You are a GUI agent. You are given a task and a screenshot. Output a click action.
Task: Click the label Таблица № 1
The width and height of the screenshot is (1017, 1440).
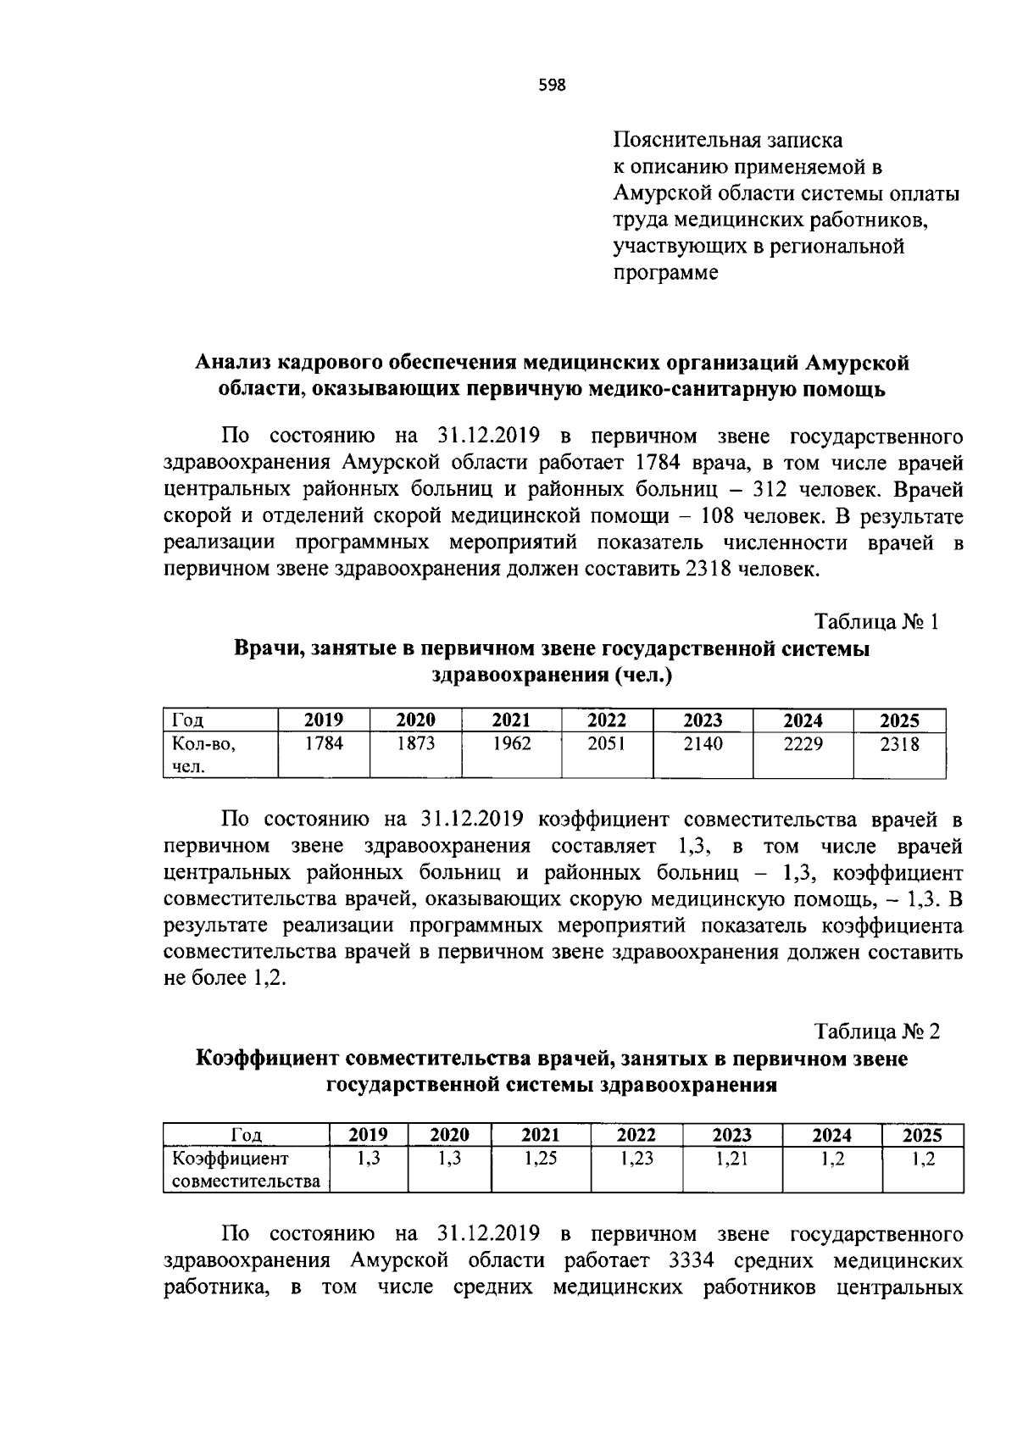coord(876,621)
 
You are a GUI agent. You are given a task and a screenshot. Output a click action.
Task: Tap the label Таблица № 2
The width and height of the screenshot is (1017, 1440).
coord(876,1031)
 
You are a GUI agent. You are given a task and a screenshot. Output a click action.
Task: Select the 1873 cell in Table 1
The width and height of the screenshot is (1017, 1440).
coord(415,744)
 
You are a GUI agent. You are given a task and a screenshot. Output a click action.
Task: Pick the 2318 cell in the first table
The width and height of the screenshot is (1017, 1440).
coord(899,744)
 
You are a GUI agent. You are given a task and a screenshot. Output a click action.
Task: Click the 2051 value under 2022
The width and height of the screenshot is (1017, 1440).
coord(606,744)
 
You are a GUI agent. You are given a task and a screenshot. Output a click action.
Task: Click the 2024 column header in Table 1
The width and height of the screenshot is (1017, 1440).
coord(803,720)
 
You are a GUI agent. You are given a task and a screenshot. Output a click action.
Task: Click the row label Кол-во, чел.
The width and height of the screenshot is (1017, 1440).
coord(203,755)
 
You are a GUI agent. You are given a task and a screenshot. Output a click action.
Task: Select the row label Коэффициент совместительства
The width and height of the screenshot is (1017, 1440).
coord(246,1170)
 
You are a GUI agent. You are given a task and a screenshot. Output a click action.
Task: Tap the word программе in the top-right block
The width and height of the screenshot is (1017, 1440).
coord(666,273)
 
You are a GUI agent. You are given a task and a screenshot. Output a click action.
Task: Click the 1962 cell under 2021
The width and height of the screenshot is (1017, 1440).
coord(510,744)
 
